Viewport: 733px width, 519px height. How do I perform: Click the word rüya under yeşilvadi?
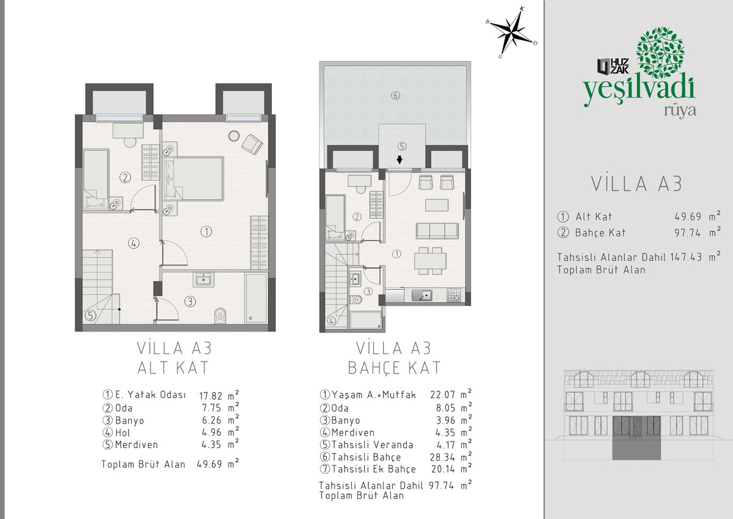click(x=680, y=111)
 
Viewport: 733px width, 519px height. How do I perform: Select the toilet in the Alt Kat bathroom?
click(x=221, y=315)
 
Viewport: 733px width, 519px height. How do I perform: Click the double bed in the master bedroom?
click(x=194, y=179)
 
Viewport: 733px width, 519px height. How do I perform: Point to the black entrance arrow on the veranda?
click(x=399, y=160)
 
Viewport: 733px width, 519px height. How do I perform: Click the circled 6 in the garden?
click(x=396, y=95)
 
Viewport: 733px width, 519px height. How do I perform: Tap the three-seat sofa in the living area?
click(x=437, y=231)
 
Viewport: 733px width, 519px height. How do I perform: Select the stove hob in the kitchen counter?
click(x=453, y=295)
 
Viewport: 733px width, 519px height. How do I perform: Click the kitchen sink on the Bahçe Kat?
click(x=422, y=295)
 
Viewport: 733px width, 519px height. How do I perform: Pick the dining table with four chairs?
click(x=430, y=261)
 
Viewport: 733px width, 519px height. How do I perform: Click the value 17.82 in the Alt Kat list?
click(x=211, y=396)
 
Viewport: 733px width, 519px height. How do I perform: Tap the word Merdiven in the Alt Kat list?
click(x=136, y=444)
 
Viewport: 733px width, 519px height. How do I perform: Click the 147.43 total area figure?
click(x=686, y=257)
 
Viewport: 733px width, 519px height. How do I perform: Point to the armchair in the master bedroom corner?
click(x=252, y=144)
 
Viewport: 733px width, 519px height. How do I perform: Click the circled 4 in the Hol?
click(x=134, y=243)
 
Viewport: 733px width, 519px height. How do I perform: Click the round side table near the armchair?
click(x=233, y=136)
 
